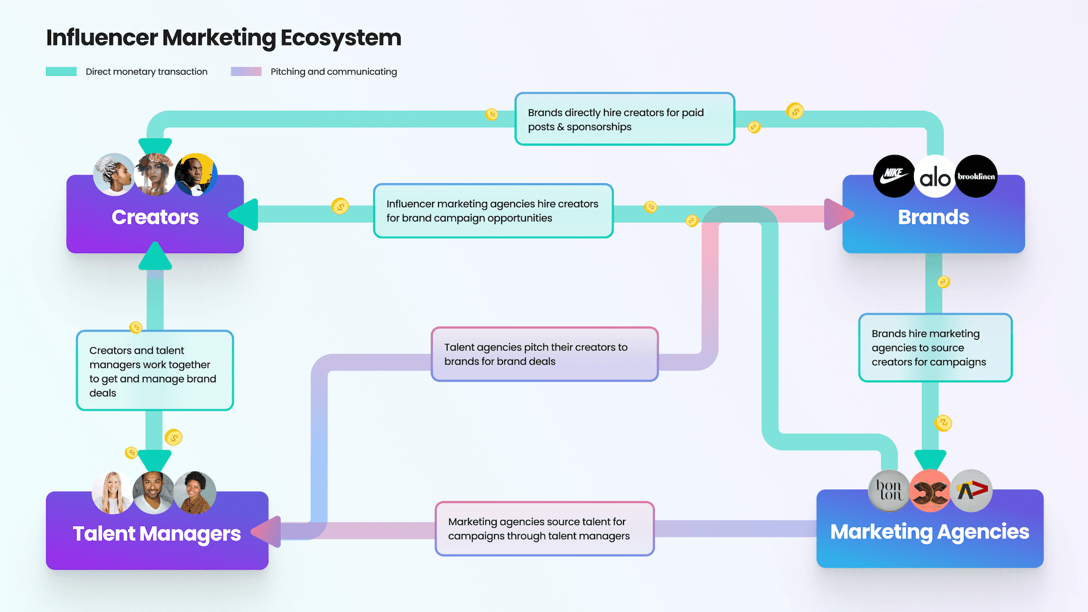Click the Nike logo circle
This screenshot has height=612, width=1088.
click(x=894, y=176)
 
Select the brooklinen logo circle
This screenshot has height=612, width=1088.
click(x=976, y=176)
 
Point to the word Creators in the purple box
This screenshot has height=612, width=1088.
click(x=155, y=217)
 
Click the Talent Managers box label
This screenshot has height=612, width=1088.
click(x=157, y=534)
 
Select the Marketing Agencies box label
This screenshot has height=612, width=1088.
click(x=930, y=531)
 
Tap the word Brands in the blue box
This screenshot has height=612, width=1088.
click(x=934, y=217)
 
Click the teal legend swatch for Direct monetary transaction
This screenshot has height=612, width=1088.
click(x=61, y=71)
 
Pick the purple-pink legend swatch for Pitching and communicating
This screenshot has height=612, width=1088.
click(x=246, y=71)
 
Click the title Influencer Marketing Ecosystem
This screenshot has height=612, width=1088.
click(x=224, y=38)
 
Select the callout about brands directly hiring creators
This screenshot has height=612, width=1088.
click(x=625, y=119)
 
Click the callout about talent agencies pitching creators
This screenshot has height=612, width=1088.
click(x=545, y=354)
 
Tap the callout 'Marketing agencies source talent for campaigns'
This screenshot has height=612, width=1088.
click(x=545, y=529)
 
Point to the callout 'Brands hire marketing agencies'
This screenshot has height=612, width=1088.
click(x=935, y=348)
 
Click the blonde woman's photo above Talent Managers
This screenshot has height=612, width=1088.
click(x=113, y=493)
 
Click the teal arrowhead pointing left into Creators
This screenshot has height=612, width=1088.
click(x=244, y=214)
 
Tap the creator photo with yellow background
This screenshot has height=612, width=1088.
click(x=196, y=175)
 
